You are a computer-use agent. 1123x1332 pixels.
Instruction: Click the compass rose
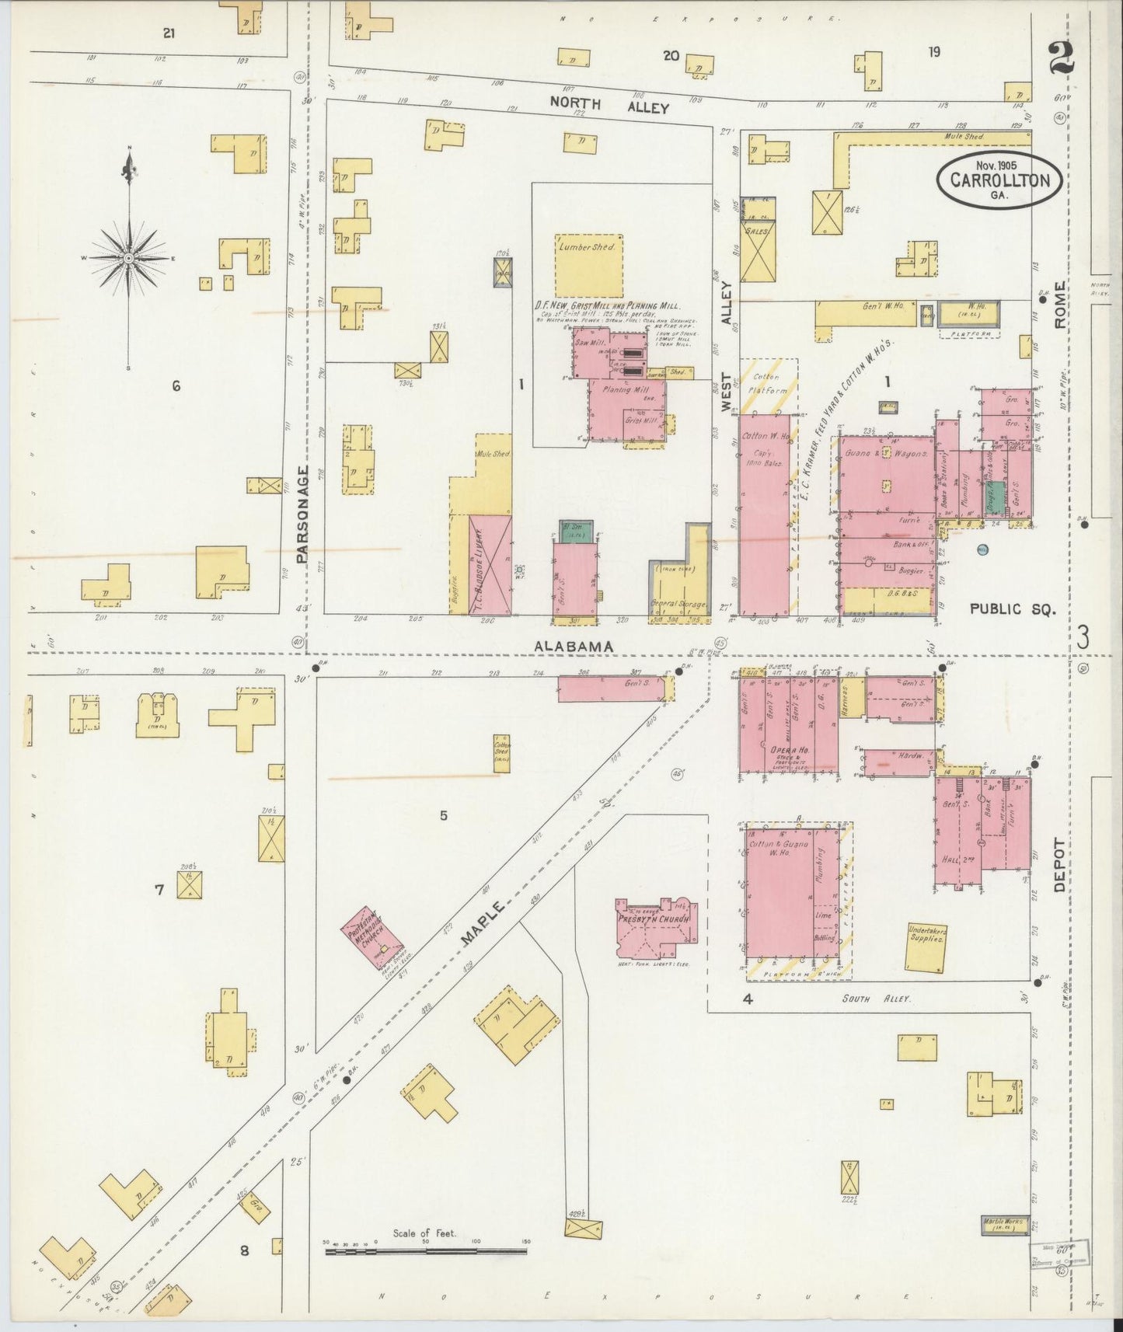(x=129, y=257)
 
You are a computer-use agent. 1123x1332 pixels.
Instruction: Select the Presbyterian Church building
(x=654, y=927)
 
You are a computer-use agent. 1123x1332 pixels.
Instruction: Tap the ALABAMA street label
(x=574, y=646)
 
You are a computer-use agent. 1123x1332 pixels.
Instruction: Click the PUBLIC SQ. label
(x=1013, y=609)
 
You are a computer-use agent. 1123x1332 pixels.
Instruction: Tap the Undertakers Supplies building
(x=926, y=947)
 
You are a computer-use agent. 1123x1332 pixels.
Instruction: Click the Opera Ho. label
(x=790, y=750)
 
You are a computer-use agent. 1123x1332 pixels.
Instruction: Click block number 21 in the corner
(x=169, y=33)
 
